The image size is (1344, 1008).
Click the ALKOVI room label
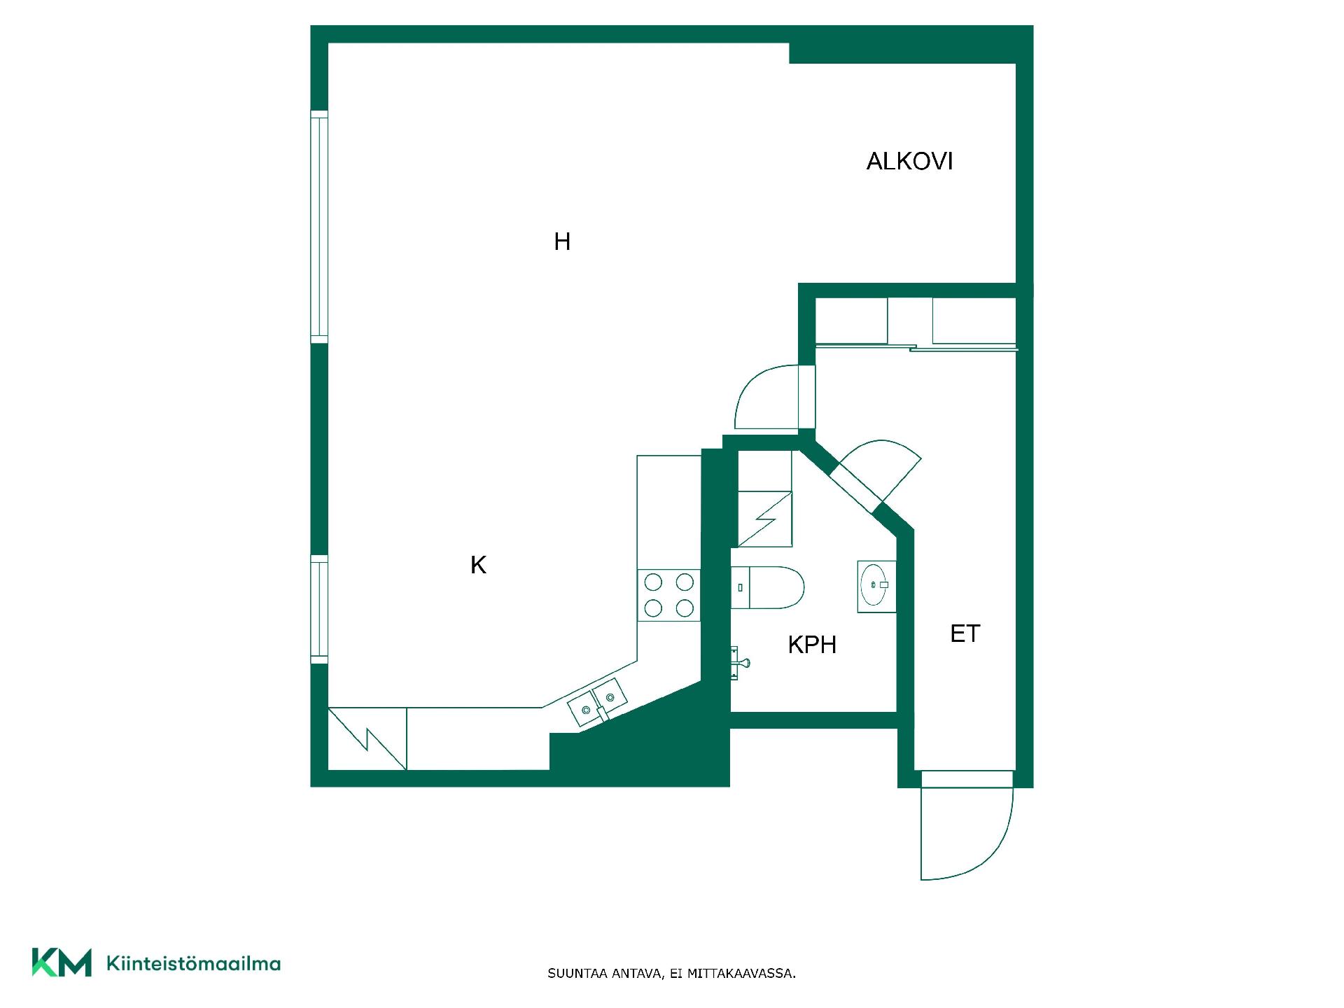tap(909, 162)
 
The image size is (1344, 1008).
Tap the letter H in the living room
tap(562, 241)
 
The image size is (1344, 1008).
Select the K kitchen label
tap(478, 565)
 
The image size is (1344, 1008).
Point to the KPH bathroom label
tap(812, 645)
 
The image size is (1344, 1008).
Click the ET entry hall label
tap(965, 633)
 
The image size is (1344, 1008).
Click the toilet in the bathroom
tap(767, 587)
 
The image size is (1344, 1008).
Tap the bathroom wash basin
tap(876, 587)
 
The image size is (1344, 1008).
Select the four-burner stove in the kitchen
tap(668, 595)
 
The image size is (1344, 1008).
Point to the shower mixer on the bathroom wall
tap(738, 662)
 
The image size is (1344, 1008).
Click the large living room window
tap(319, 227)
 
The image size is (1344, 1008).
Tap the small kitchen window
tap(319, 609)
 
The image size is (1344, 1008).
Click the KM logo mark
tap(62, 962)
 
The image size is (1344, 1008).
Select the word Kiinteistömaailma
tap(193, 963)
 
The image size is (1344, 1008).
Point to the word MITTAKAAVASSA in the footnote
tap(741, 974)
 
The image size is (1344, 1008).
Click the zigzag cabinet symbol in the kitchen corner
tap(367, 738)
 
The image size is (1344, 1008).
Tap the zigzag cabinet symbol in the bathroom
tap(765, 519)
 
